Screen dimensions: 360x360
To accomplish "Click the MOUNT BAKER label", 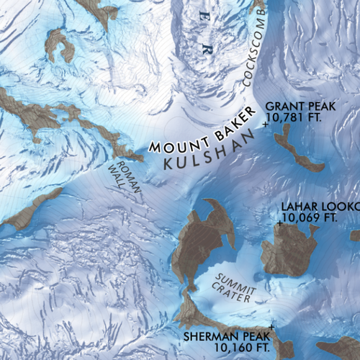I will [202, 129].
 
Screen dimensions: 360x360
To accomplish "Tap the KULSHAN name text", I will [209, 149].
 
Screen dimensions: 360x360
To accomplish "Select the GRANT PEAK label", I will [301, 107].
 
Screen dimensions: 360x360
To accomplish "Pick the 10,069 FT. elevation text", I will [310, 217].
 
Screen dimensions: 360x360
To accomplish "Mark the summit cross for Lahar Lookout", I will [279, 224].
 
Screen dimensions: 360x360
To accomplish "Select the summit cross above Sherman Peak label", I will [271, 328].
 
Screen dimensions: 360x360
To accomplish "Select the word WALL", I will [117, 175].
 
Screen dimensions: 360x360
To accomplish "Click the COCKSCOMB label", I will [256, 53].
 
